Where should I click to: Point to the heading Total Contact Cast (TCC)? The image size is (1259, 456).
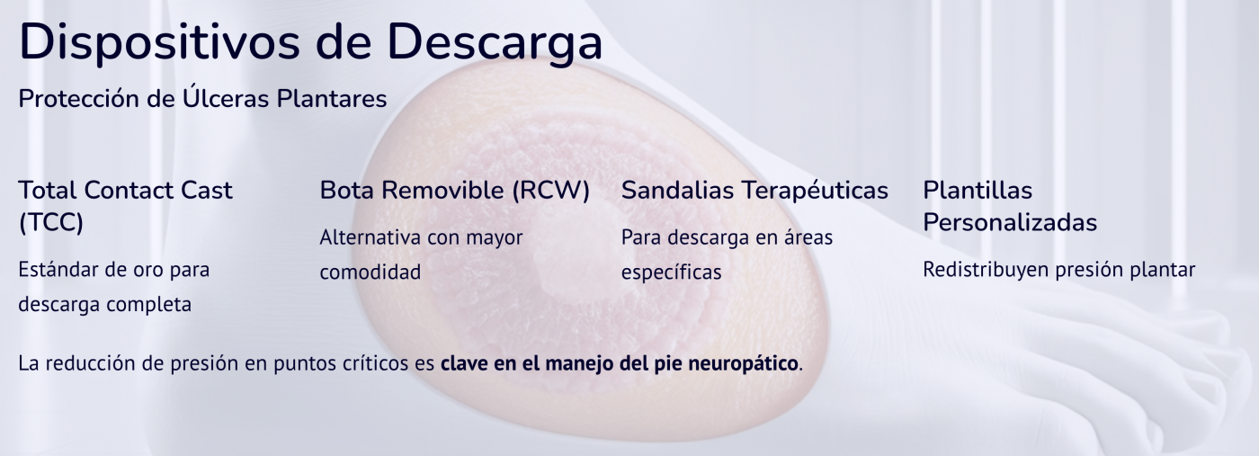(x=125, y=206)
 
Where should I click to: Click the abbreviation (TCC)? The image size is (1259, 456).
(x=51, y=222)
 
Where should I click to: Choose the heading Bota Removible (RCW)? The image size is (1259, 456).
(x=454, y=191)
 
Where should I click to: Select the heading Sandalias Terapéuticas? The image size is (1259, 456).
(x=755, y=191)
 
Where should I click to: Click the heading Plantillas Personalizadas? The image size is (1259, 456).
(x=1010, y=206)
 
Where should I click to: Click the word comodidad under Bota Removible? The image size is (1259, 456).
(x=371, y=272)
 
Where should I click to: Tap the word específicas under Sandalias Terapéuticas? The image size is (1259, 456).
(x=671, y=272)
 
